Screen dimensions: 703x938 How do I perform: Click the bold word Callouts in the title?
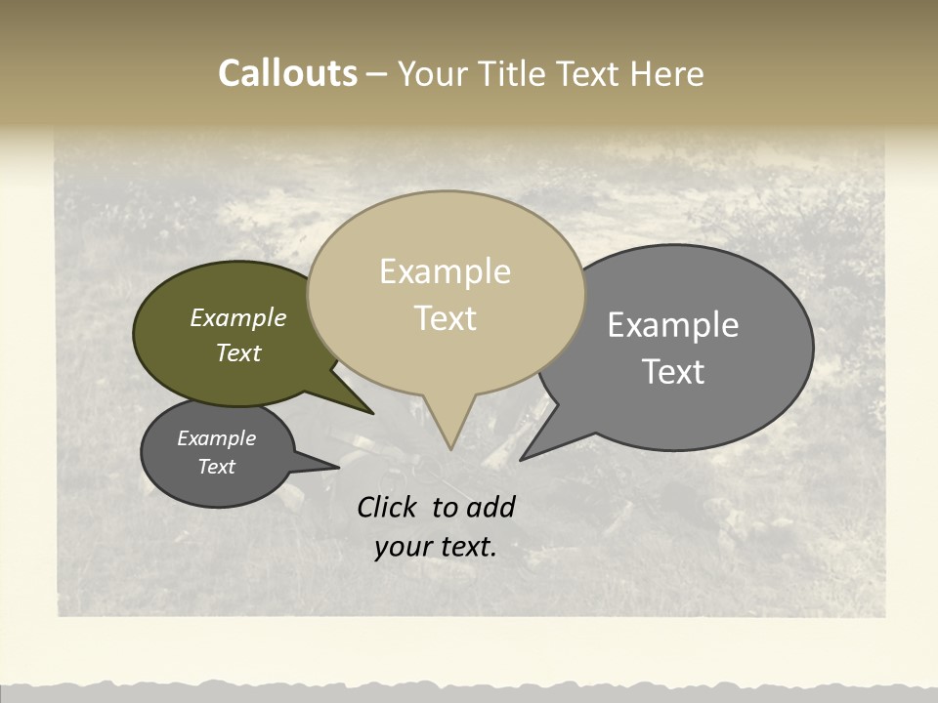[x=288, y=73]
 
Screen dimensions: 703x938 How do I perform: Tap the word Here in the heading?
[x=667, y=74]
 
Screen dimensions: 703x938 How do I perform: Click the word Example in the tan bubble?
[x=445, y=271]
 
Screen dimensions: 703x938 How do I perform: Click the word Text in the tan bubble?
[x=446, y=318]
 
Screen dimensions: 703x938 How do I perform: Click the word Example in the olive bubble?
[x=238, y=317]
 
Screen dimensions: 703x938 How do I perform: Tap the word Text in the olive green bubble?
[x=238, y=352]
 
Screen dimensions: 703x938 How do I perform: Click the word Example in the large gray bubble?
[x=673, y=325]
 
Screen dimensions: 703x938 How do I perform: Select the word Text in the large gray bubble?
[x=673, y=372]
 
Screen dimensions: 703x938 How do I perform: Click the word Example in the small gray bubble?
[x=217, y=438]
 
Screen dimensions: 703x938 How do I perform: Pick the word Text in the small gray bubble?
[x=217, y=467]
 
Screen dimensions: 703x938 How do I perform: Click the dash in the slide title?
[x=378, y=74]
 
